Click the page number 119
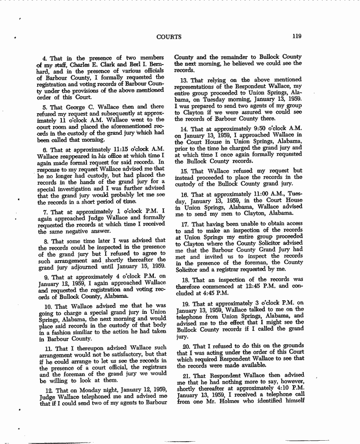tap(296, 36)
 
